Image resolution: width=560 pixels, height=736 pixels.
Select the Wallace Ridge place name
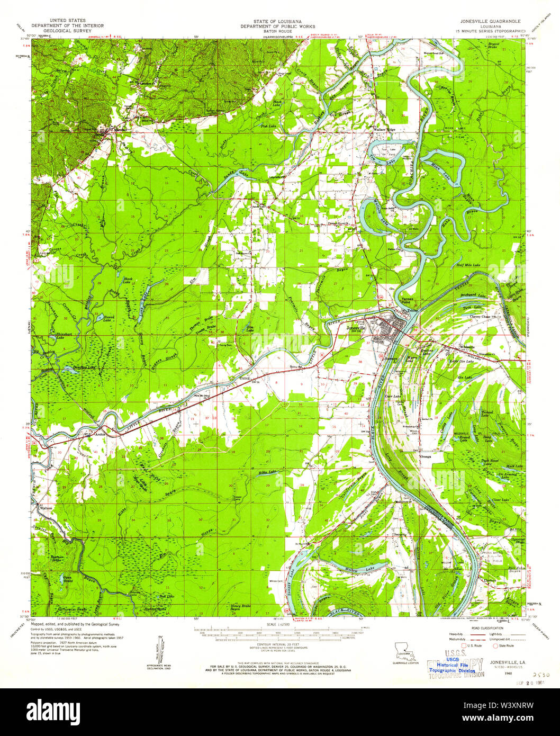coord(384,129)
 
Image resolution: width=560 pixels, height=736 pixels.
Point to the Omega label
coord(426,456)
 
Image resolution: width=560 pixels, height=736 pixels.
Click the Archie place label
coord(101,434)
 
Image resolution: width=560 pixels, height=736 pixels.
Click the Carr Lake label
coord(392,396)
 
